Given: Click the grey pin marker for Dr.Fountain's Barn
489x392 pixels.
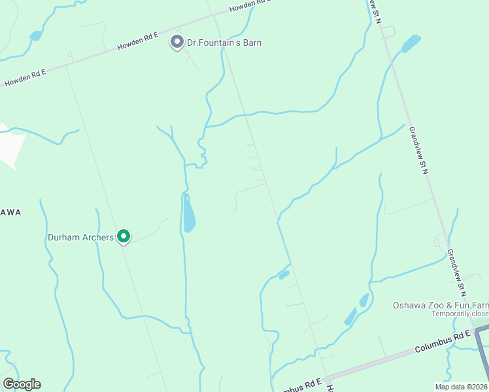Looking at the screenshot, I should click(177, 42).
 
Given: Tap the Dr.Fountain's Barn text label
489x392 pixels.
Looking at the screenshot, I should click(224, 43).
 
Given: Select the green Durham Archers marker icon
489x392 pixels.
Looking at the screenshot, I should click(124, 237).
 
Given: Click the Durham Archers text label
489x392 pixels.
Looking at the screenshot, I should click(80, 237).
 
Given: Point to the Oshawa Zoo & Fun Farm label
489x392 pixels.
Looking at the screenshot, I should click(440, 305).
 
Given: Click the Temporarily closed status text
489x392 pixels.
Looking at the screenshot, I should click(460, 314).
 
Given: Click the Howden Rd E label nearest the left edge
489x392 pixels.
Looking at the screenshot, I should click(25, 77).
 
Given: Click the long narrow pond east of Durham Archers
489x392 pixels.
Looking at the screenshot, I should click(188, 214).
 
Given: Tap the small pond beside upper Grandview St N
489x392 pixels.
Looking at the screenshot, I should click(411, 44).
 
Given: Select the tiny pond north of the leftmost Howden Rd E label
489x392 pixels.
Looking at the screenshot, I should click(36, 35).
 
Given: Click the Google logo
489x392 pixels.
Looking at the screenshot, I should click(22, 384).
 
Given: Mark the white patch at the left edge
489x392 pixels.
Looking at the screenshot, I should click(10, 144).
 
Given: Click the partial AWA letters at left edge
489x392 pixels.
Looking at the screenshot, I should click(10, 213).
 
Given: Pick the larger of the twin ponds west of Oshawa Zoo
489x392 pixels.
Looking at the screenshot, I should click(350, 318).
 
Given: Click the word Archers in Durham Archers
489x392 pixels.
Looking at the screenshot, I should click(97, 237).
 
